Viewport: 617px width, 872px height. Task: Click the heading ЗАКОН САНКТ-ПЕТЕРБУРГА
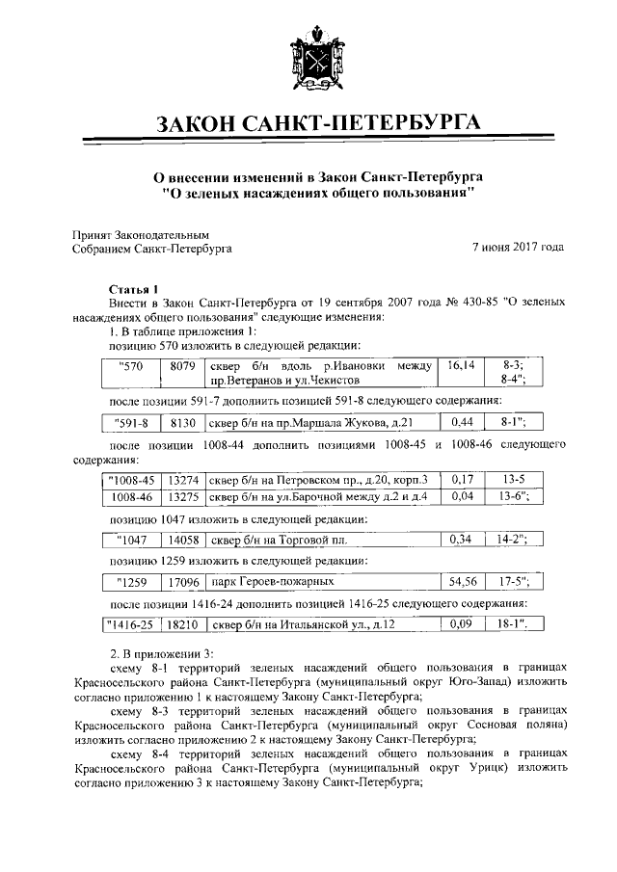[308, 122]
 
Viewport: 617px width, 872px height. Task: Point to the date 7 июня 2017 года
[518, 248]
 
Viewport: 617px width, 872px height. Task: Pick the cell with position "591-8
[131, 422]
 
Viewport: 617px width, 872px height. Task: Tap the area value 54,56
[458, 582]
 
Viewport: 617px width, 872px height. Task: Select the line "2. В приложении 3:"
[158, 654]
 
